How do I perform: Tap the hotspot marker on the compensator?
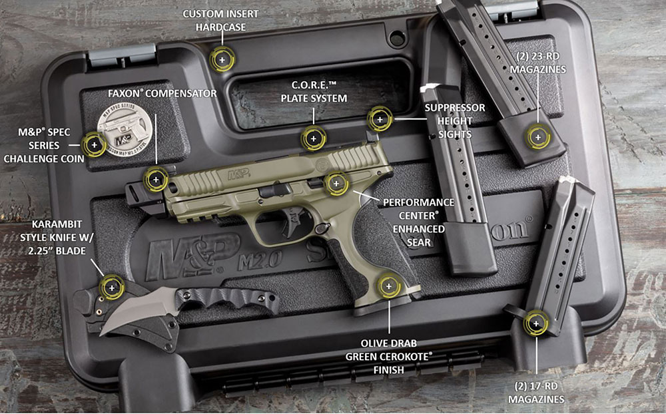pyautogui.click(x=156, y=180)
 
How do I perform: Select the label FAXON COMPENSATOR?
pyautogui.click(x=163, y=93)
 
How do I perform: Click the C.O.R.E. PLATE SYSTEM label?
pyautogui.click(x=314, y=92)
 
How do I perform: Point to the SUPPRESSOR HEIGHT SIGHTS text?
pyautogui.click(x=455, y=121)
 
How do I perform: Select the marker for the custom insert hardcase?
pyautogui.click(x=222, y=60)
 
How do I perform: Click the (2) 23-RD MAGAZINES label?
pyautogui.click(x=538, y=63)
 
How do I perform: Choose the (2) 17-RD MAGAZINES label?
pyautogui.click(x=536, y=393)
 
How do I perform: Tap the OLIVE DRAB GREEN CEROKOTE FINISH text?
pyautogui.click(x=389, y=357)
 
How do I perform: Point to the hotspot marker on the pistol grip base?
pyautogui.click(x=389, y=286)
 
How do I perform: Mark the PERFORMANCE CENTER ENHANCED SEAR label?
pyautogui.click(x=419, y=222)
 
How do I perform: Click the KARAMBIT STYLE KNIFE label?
pyautogui.click(x=57, y=238)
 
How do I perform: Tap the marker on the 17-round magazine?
pyautogui.click(x=536, y=324)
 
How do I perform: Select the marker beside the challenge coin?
pyautogui.click(x=95, y=145)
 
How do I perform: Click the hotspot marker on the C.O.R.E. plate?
pyautogui.click(x=314, y=138)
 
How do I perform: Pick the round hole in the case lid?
pyautogui.click(x=397, y=39)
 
